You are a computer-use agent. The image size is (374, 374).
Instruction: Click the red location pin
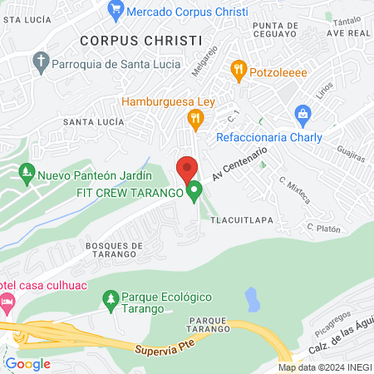pos(187,169)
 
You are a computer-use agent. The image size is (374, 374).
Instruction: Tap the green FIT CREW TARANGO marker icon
pos(194,193)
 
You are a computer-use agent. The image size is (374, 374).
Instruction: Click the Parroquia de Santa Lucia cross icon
pos(41,61)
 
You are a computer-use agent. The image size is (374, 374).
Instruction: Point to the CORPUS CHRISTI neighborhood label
pos(141,39)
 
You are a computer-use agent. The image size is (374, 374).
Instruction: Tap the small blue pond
pos(250,298)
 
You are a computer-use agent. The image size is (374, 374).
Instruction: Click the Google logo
pos(27,363)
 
